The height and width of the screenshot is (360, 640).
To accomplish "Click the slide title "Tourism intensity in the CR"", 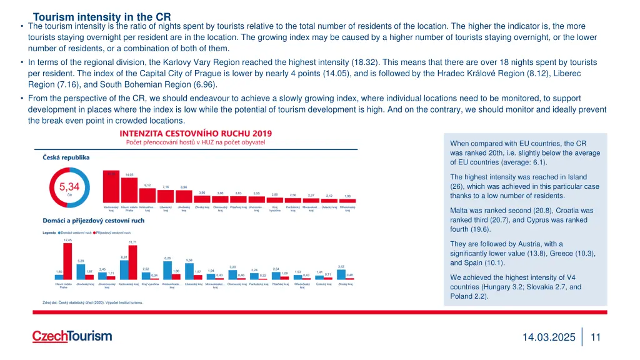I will [x=102, y=17].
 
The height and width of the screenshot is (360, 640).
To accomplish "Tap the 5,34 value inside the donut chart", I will [x=69, y=186].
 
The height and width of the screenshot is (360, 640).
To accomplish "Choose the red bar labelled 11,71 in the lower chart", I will [x=132, y=262].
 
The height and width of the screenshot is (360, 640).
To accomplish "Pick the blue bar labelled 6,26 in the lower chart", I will [x=167, y=270].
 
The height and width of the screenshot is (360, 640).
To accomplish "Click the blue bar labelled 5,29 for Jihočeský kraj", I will [x=81, y=271].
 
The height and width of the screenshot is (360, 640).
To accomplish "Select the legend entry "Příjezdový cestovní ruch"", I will [x=113, y=232].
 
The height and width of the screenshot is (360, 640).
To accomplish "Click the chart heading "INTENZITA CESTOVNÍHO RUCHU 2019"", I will [x=196, y=133].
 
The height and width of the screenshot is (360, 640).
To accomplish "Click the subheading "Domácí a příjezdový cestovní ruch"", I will [x=93, y=221].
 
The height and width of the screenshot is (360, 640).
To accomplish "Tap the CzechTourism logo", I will [x=72, y=336].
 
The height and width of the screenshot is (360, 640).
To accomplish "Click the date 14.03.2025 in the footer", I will [x=549, y=337].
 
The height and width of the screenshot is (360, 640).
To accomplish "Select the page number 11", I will [x=595, y=337].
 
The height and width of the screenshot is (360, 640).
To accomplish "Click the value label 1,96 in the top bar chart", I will [x=347, y=195].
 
